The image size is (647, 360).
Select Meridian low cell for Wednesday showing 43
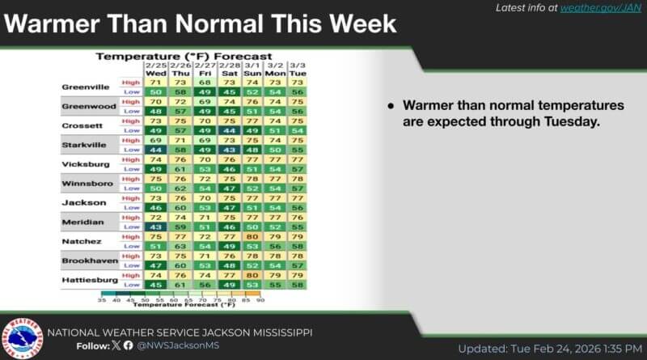click(155, 226)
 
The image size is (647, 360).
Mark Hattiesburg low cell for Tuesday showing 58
click(297, 284)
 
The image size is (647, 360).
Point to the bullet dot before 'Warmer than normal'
click(391, 107)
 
